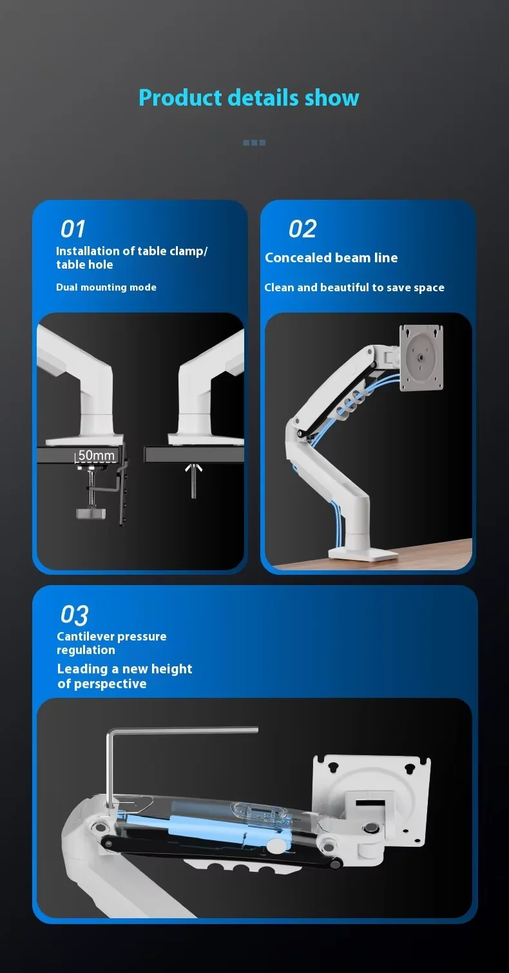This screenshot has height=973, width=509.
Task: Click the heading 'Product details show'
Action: (x=249, y=98)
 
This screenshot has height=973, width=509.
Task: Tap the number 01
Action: (x=73, y=229)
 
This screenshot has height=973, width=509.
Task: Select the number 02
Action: (x=302, y=229)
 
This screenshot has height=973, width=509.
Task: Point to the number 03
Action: (x=74, y=615)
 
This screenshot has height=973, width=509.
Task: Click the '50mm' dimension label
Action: (x=96, y=456)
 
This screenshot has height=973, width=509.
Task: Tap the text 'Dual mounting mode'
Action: (x=106, y=287)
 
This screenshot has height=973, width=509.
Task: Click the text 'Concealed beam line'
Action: (x=331, y=258)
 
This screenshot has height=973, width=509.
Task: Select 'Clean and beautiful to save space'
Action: (x=354, y=287)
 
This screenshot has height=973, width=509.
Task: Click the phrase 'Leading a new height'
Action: (x=124, y=669)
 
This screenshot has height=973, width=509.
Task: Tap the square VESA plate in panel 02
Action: (x=422, y=358)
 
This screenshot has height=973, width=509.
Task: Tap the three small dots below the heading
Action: (x=254, y=143)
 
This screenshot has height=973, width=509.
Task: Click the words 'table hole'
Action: (x=84, y=265)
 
